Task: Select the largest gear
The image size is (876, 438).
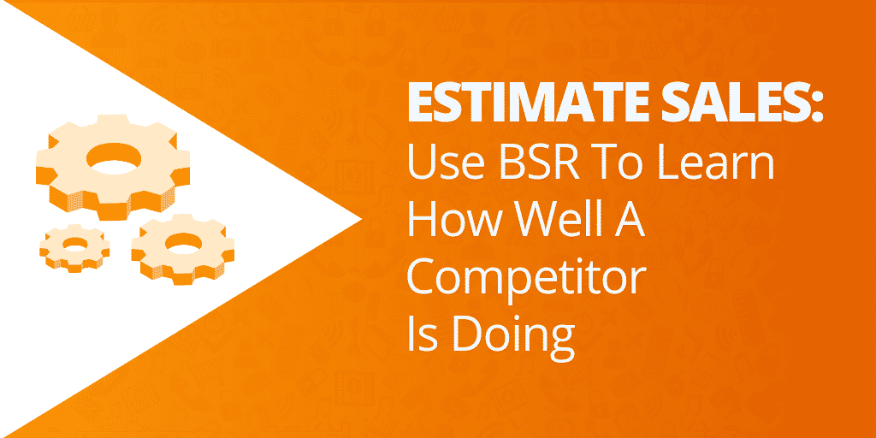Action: (x=113, y=167)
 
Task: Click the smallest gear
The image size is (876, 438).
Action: (x=74, y=248)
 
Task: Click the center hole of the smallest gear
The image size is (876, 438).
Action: (x=75, y=244)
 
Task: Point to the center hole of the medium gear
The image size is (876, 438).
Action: (x=183, y=243)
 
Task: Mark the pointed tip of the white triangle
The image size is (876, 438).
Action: (x=362, y=219)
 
